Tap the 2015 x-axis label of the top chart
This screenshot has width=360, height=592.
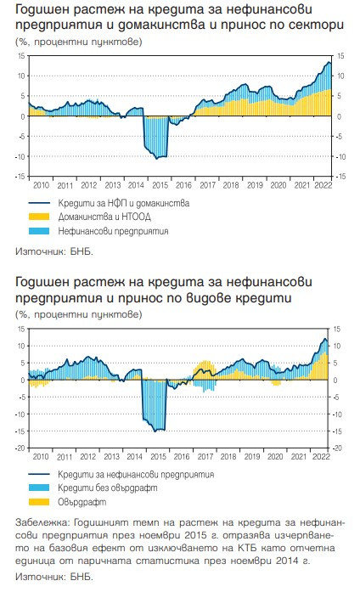[159, 183]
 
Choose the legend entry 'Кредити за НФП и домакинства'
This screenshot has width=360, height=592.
[123, 205]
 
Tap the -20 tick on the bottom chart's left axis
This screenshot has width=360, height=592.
[20, 447]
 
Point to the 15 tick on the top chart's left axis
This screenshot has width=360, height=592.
[21, 56]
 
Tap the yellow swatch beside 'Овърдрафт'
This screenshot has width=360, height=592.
[38, 501]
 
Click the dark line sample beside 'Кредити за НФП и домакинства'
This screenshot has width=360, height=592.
[38, 205]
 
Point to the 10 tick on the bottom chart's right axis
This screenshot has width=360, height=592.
[337, 346]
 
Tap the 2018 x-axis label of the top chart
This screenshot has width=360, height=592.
[229, 183]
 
